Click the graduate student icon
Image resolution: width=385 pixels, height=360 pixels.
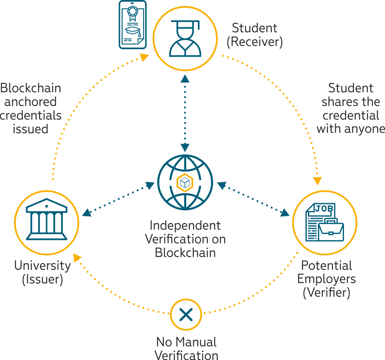click(185, 38)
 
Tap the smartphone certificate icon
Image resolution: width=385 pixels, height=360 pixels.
click(132, 24)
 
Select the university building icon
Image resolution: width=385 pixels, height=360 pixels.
click(47, 219)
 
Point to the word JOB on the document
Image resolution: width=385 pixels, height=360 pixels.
click(324, 209)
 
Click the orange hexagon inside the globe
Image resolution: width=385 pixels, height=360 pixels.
click(185, 182)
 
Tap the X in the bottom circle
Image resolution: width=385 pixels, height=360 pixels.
click(186, 314)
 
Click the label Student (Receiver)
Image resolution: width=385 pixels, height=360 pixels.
click(255, 35)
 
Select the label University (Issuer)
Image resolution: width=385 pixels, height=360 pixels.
click(43, 272)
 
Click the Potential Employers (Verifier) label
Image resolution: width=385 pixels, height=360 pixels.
click(327, 279)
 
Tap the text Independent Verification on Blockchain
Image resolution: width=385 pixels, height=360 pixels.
click(185, 239)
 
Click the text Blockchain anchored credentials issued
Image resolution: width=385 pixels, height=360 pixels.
click(31, 108)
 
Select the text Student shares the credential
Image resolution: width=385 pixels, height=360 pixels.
click(351, 102)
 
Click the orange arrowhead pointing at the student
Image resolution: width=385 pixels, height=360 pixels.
click(144, 58)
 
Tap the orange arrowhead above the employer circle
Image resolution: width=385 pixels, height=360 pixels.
click(317, 181)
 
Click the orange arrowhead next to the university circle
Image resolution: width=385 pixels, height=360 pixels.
click(77, 258)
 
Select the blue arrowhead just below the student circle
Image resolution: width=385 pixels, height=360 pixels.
click(185, 79)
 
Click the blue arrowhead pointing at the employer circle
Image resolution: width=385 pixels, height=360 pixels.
click(285, 213)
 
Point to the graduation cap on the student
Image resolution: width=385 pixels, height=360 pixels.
click(185, 24)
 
